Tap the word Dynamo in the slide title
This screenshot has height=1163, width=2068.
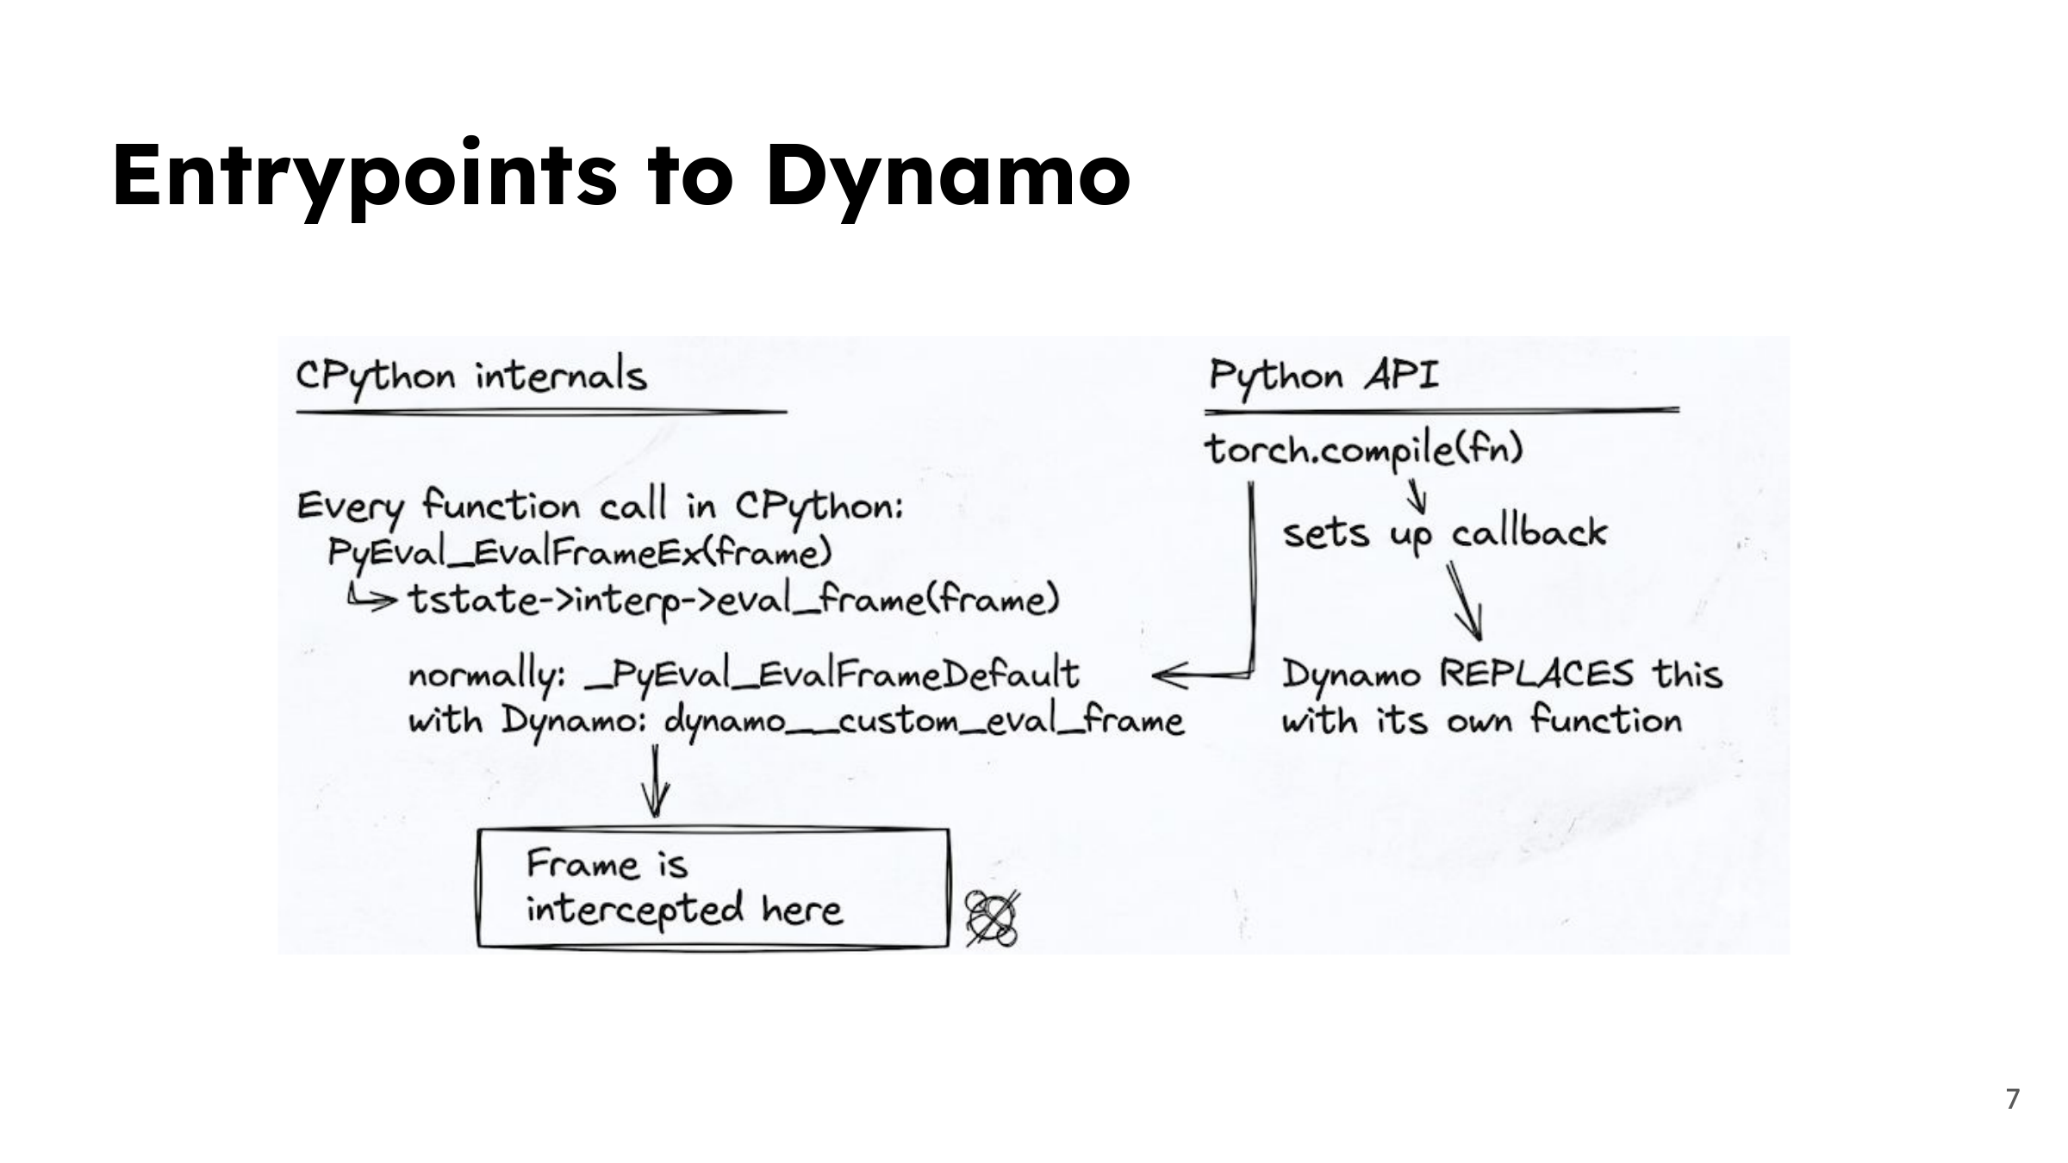click(x=948, y=177)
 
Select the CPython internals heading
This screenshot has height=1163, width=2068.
click(x=471, y=377)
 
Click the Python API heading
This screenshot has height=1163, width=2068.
click(x=1323, y=376)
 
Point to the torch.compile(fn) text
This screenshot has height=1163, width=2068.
click(x=1364, y=450)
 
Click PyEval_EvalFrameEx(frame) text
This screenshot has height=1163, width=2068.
click(x=580, y=552)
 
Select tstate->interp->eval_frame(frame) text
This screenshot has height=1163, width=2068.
click(x=733, y=600)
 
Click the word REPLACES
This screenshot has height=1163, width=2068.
click(x=1536, y=674)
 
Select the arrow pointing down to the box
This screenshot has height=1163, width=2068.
click(x=656, y=781)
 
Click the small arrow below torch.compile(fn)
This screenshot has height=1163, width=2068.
click(x=1416, y=494)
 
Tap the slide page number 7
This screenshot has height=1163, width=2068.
click(x=2013, y=1099)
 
